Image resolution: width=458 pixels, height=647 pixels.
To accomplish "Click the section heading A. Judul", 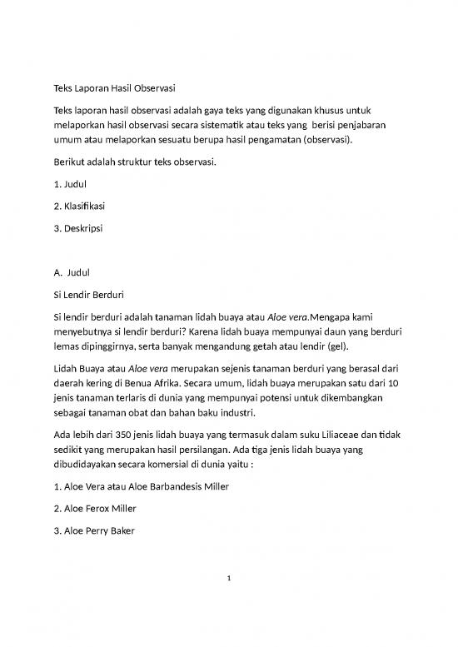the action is (x=71, y=272).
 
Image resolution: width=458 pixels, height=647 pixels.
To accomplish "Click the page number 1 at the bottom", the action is (x=229, y=592).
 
